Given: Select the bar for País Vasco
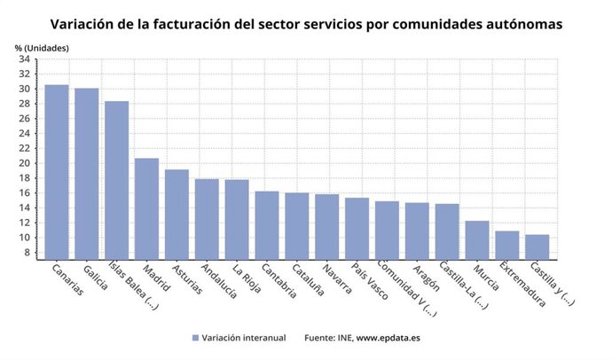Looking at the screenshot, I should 357,228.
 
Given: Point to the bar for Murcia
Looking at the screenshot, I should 477,239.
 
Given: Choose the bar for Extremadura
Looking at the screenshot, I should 507,245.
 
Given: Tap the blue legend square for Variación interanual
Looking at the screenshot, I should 194,338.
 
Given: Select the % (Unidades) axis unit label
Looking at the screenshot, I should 41,46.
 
